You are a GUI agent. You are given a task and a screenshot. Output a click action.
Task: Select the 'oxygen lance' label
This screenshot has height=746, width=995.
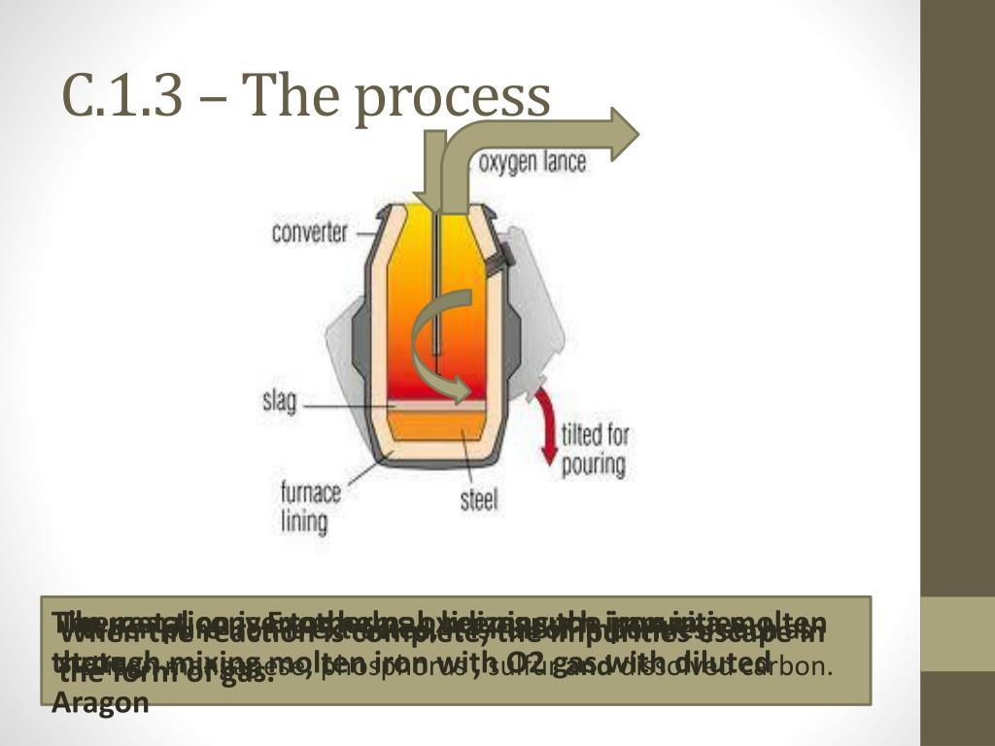(x=532, y=161)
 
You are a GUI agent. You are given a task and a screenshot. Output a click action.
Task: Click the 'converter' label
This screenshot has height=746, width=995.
(x=310, y=233)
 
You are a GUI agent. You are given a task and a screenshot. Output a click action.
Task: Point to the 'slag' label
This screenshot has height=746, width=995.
(x=279, y=400)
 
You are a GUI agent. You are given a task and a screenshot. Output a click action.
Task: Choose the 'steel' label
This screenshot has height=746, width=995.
(x=478, y=500)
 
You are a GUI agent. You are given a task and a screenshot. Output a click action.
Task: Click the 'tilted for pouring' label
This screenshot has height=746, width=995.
(x=595, y=449)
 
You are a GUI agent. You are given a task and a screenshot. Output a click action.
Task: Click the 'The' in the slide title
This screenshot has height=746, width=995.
(x=284, y=96)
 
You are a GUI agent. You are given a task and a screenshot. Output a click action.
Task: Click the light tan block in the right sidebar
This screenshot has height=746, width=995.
(x=957, y=633)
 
